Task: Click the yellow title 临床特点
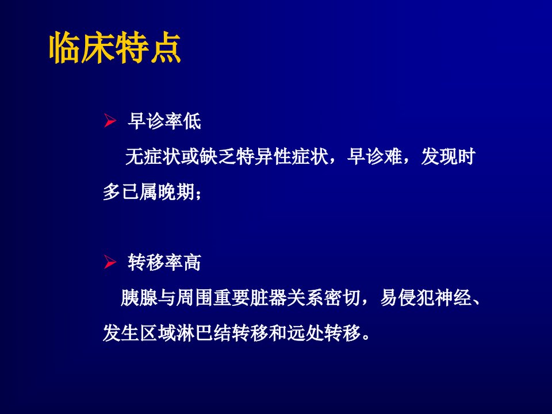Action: coord(115,48)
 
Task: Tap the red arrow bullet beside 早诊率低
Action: coord(110,121)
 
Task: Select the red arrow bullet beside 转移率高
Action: coord(110,262)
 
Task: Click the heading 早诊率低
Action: coord(164,121)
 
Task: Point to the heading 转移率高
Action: coord(164,263)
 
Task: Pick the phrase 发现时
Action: coord(448,156)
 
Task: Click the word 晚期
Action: coord(176,192)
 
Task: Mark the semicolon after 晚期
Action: coord(198,194)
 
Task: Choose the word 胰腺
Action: coord(139,298)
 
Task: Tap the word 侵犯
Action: coord(416,298)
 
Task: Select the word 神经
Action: coord(453,298)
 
